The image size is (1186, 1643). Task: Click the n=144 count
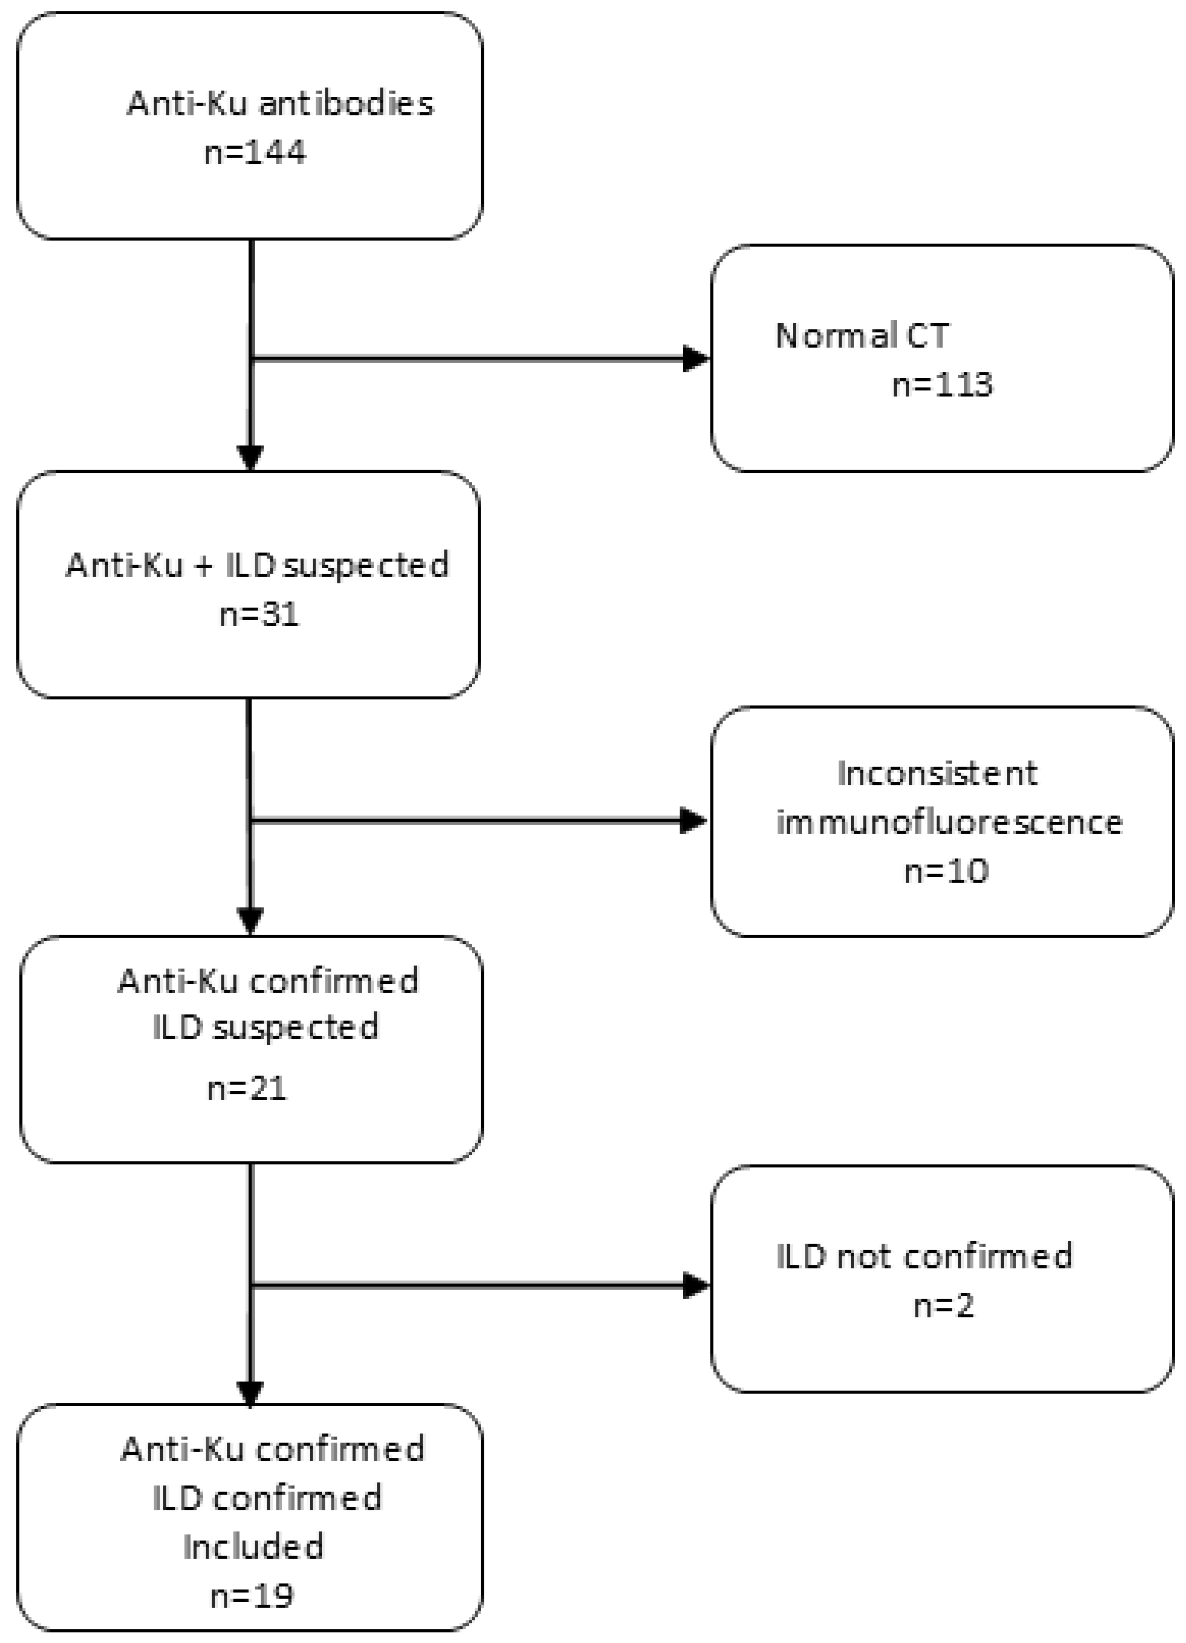pyautogui.click(x=255, y=153)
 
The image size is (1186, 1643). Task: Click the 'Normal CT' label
pyautogui.click(x=861, y=335)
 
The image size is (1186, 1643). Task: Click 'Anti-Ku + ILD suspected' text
pyautogui.click(x=257, y=565)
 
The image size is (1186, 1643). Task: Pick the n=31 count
pyautogui.click(x=259, y=614)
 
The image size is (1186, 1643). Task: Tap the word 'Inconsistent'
pyautogui.click(x=937, y=773)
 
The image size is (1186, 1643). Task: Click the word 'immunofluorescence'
pyautogui.click(x=948, y=822)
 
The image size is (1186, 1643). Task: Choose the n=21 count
pyautogui.click(x=247, y=1088)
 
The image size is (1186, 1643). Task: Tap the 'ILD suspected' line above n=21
pyautogui.click(x=265, y=1027)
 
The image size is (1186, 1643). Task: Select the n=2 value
pyautogui.click(x=943, y=1306)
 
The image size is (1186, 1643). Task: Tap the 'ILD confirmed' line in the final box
pyautogui.click(x=267, y=1498)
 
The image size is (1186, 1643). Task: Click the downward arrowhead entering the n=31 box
pyautogui.click(x=250, y=458)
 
